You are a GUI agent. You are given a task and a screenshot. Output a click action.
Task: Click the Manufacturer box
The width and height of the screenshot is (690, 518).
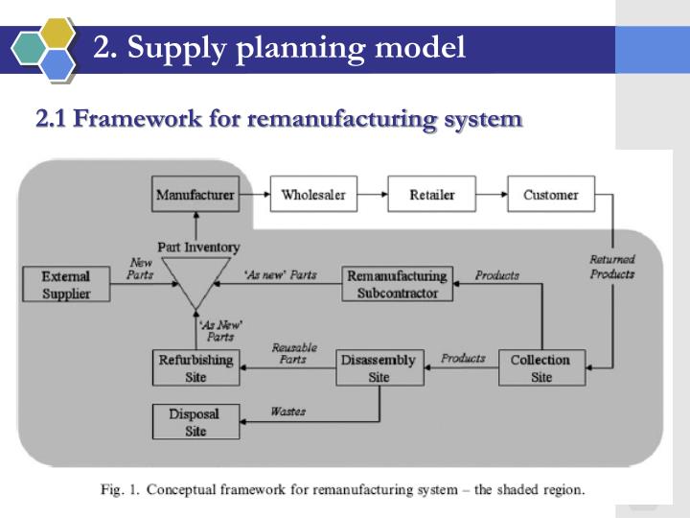(195, 195)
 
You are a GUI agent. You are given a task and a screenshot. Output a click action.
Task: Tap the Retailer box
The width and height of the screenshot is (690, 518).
(431, 195)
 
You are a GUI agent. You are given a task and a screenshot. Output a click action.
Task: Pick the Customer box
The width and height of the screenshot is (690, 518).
(550, 195)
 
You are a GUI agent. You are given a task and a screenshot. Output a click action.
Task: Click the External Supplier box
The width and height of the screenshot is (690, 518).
(65, 285)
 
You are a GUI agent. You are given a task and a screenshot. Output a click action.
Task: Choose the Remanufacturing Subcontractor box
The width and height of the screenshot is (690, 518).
(397, 285)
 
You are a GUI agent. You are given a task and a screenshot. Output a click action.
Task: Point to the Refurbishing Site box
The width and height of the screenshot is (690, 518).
(195, 368)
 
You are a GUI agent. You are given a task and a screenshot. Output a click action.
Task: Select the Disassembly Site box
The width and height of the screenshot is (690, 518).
(379, 368)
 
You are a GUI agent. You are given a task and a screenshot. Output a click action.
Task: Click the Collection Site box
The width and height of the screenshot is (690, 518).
(541, 368)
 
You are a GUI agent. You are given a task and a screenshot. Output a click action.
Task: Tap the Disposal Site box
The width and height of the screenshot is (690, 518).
(195, 422)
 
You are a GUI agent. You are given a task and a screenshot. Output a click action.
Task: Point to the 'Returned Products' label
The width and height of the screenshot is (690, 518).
(612, 267)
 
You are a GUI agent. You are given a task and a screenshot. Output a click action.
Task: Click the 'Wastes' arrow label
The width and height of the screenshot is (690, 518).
(287, 412)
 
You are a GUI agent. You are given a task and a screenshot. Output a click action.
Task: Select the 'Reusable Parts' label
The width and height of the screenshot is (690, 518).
(293, 353)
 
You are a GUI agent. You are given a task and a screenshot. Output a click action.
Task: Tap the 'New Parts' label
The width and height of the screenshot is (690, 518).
(140, 269)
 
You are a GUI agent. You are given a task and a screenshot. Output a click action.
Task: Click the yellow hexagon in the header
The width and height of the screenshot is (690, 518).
(59, 31)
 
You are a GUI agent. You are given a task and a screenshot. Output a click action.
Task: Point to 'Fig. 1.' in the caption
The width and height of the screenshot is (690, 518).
(121, 489)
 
